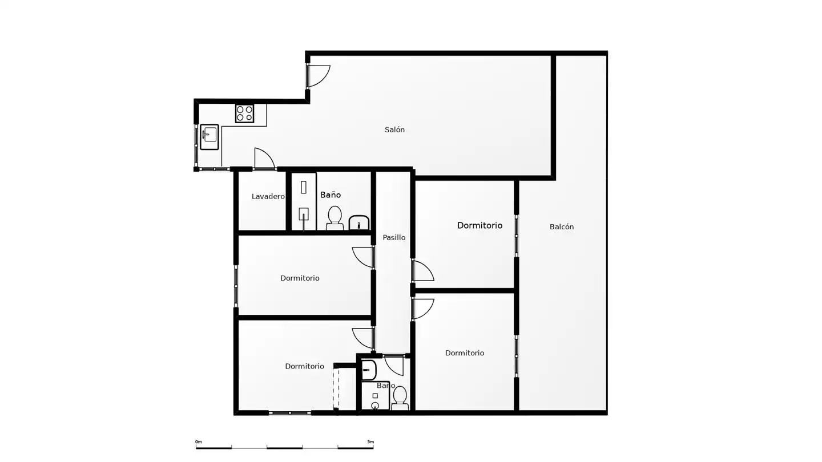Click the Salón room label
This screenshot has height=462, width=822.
(x=394, y=129)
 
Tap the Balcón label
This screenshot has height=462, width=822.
(x=562, y=226)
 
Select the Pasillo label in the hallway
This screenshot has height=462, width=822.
(x=394, y=238)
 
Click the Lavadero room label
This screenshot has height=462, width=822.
(x=268, y=197)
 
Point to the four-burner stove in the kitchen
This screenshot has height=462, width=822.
(x=244, y=114)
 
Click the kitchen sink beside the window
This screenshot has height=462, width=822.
(x=209, y=137)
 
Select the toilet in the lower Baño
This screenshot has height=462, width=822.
(x=400, y=398)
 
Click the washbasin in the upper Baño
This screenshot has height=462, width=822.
(x=359, y=223)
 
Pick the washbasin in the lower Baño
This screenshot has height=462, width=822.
(x=368, y=370)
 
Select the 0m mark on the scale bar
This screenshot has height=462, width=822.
(x=199, y=442)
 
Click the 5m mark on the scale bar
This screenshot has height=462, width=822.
(x=370, y=442)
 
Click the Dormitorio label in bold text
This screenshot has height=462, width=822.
(x=479, y=225)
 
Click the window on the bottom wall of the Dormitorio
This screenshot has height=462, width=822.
(x=289, y=413)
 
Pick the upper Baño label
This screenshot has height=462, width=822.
(x=331, y=194)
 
